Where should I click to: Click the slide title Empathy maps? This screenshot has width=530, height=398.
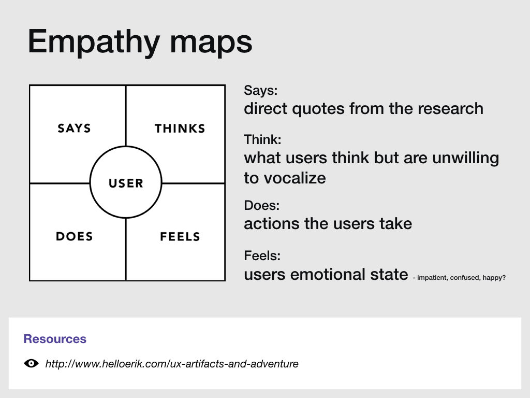pyautogui.click(x=140, y=42)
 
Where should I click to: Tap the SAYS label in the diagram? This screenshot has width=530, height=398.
pyautogui.click(x=74, y=128)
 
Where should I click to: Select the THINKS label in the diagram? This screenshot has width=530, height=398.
pyautogui.click(x=180, y=128)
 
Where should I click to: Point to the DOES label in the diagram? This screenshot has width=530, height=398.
pyautogui.click(x=74, y=237)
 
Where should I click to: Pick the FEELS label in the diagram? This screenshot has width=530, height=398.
pyautogui.click(x=180, y=237)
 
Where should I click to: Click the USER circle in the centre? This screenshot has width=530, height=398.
pyautogui.click(x=126, y=183)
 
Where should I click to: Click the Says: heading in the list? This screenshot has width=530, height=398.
pyautogui.click(x=261, y=91)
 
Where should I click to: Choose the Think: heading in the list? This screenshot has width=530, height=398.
pyautogui.click(x=262, y=139)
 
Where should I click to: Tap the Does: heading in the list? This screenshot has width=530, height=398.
pyautogui.click(x=261, y=206)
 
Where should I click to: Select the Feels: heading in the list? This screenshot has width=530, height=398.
pyautogui.click(x=262, y=255)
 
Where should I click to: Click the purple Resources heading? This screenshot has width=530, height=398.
pyautogui.click(x=55, y=339)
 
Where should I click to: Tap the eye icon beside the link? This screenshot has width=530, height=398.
pyautogui.click(x=32, y=363)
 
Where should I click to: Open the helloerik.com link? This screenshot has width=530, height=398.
pyautogui.click(x=172, y=364)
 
